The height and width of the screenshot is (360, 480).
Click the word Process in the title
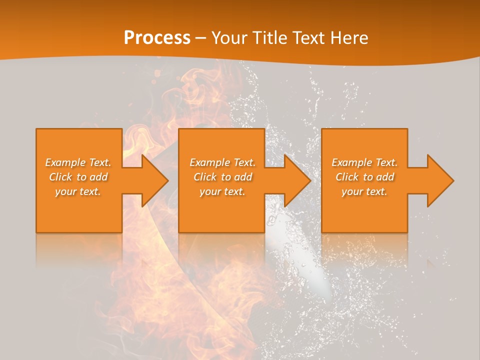pyautogui.click(x=157, y=38)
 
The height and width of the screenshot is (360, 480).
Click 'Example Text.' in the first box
pyautogui.click(x=78, y=162)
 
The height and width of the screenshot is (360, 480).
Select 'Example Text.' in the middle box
pyautogui.click(x=222, y=162)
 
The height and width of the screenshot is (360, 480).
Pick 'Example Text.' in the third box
pyautogui.click(x=364, y=162)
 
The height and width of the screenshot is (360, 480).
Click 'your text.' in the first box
pyautogui.click(x=78, y=191)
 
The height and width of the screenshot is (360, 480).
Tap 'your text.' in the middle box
pyautogui.click(x=222, y=191)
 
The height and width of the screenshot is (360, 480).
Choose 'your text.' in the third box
pyautogui.click(x=364, y=191)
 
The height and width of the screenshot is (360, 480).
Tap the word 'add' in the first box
pyautogui.click(x=99, y=177)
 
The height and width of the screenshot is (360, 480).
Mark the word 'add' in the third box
pyautogui.click(x=385, y=177)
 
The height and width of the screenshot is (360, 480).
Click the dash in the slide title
pyautogui.click(x=201, y=38)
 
